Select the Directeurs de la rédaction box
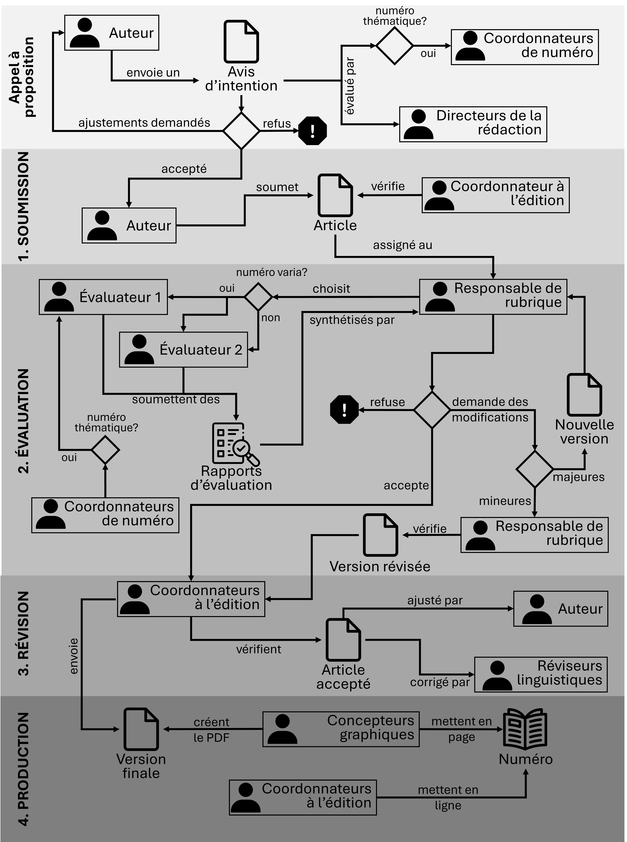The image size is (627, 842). tap(473, 124)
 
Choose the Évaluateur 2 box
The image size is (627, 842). tap(183, 350)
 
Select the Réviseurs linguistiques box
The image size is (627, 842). tap(541, 674)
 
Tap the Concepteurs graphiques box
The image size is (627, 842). tap(341, 729)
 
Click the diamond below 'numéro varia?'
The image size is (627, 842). tap(258, 297)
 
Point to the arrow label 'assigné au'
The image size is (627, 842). tap(402, 245)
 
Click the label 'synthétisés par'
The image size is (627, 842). tap(352, 320)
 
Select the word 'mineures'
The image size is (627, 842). tap(505, 501)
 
